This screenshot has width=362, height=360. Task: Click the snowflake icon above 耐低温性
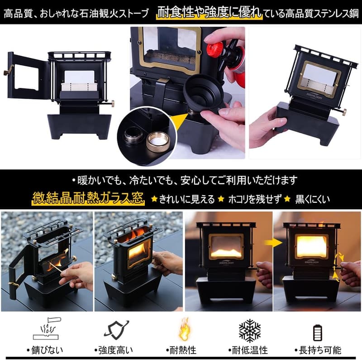[x=249, y=330]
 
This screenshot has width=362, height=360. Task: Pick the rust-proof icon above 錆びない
[x=47, y=330]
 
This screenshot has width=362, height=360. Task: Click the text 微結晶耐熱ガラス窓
[x=88, y=198]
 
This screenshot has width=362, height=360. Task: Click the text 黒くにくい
[x=313, y=199]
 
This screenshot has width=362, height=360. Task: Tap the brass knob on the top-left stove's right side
[x=111, y=104]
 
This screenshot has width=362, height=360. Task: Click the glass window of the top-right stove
[x=319, y=77]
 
